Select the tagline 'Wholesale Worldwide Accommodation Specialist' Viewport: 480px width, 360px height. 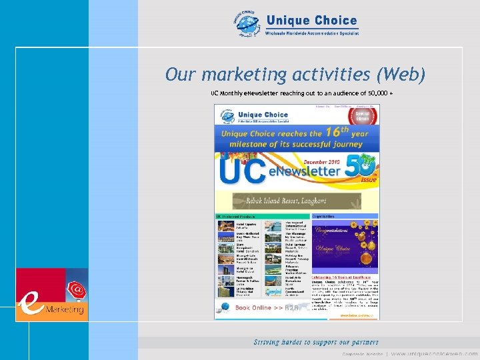(x=312, y=33)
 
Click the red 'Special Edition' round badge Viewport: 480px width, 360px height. (x=363, y=116)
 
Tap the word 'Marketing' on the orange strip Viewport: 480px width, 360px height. (x=65, y=310)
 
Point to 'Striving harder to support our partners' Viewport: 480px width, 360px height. (x=316, y=342)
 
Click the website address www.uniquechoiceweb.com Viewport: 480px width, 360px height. (x=434, y=353)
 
